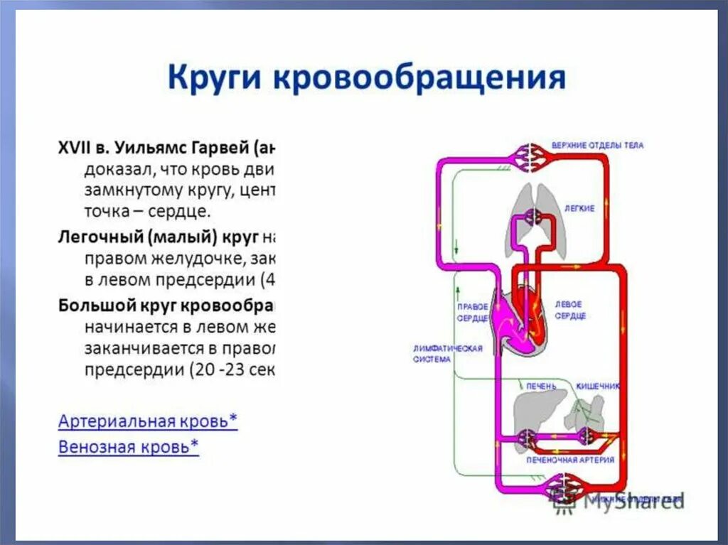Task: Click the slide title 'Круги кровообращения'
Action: point(366,77)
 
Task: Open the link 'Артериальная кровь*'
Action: point(148,421)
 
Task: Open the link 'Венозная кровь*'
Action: point(129,447)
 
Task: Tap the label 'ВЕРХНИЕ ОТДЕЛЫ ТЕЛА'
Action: point(598,146)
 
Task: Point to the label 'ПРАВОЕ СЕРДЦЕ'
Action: point(472,312)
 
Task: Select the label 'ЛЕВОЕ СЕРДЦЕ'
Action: point(570,309)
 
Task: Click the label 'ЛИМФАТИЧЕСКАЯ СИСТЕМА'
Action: point(448,354)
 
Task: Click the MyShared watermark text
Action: point(633,500)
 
